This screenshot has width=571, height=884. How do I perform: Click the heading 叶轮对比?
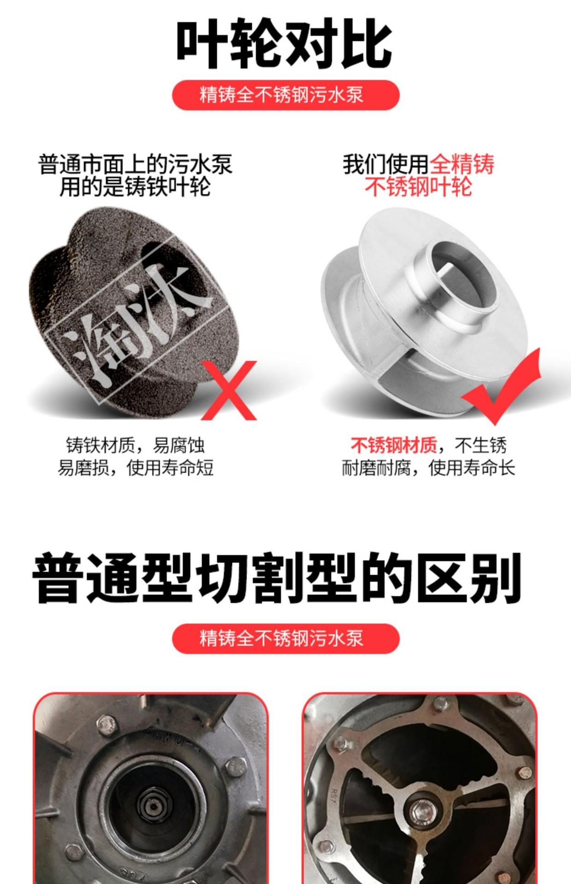pos(284,44)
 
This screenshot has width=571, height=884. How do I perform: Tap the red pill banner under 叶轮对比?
pos(285,95)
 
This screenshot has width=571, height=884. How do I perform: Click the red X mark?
pos(229,390)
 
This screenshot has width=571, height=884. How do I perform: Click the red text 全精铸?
pos(462,164)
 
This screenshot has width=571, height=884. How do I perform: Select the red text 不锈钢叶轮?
pos(418,187)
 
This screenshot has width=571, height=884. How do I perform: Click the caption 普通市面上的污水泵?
pos(135,164)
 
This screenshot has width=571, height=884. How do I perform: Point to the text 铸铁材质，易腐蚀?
pos(135,445)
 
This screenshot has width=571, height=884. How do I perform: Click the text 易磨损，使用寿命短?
pos(135,468)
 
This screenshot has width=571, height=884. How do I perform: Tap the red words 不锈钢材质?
pos(394,445)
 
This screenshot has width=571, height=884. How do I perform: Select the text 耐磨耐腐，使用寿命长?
pos(428,468)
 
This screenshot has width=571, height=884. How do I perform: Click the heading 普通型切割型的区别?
pos(276,578)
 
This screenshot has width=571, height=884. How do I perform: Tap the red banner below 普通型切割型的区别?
pos(285,638)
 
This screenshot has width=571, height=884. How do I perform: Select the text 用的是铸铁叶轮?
pos(135,187)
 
